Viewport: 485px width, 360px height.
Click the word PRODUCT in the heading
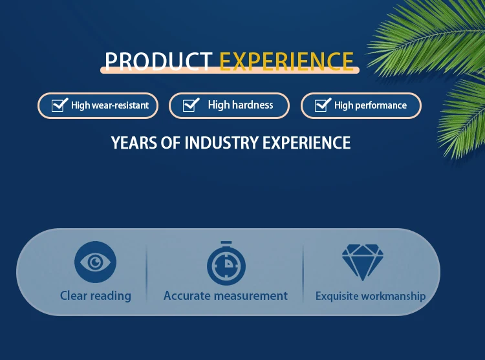click(x=158, y=61)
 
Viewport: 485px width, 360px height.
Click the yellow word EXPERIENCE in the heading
click(x=286, y=61)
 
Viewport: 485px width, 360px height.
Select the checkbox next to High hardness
click(x=191, y=105)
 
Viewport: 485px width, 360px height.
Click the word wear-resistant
click(x=120, y=105)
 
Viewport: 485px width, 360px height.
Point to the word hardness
click(x=253, y=105)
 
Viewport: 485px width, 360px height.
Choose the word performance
click(x=381, y=106)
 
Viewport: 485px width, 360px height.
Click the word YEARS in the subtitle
click(x=134, y=143)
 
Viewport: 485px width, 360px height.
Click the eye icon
click(x=95, y=262)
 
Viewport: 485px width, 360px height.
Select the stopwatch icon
click(x=226, y=263)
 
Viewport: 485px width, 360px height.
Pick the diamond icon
click(x=363, y=262)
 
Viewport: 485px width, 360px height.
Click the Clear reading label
click(x=96, y=296)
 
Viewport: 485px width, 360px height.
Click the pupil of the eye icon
click(x=95, y=262)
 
